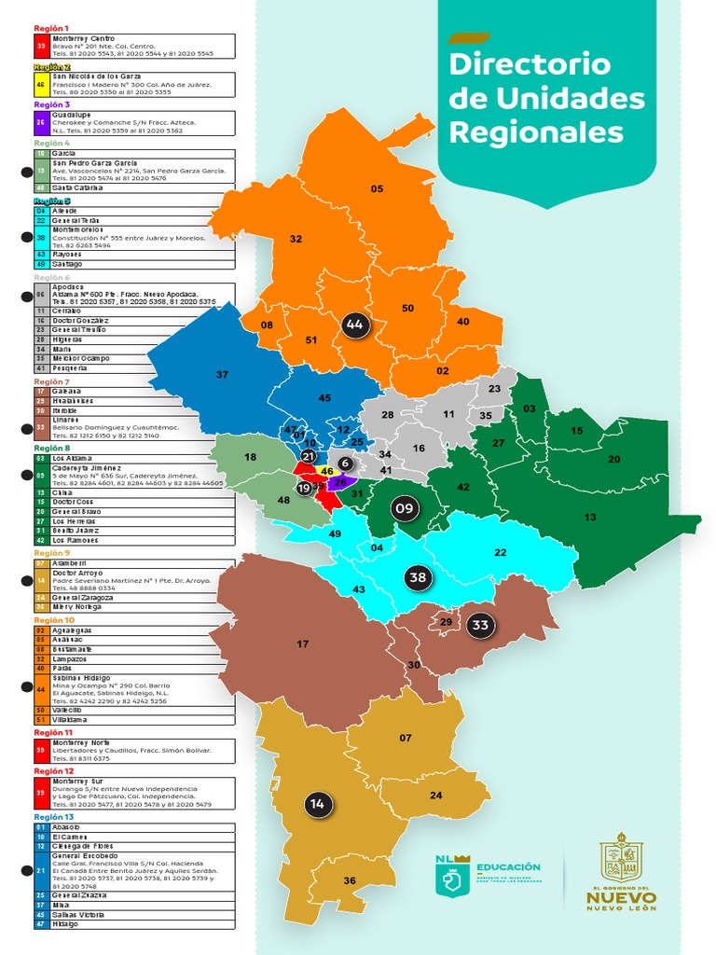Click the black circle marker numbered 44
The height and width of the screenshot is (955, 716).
click(353, 324)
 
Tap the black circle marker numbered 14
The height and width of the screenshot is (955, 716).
click(317, 804)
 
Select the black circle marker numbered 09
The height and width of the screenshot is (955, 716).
click(405, 508)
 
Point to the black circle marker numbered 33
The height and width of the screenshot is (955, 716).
click(480, 625)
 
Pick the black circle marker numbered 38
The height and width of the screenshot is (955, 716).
click(418, 578)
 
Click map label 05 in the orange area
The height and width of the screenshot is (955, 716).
click(377, 189)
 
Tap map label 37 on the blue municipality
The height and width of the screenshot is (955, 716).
click(222, 374)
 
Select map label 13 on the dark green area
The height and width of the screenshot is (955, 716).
click(589, 517)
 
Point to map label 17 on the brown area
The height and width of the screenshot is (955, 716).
click(302, 644)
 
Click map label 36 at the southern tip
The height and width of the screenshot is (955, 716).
click(350, 880)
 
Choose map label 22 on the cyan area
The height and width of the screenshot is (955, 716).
click(500, 553)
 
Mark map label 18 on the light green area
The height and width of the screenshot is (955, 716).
click(250, 457)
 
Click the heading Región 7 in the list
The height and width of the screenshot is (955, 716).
click(51, 381)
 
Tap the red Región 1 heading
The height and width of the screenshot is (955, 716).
click(51, 29)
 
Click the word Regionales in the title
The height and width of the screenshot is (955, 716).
click(535, 131)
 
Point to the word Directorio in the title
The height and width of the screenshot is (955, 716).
click(529, 64)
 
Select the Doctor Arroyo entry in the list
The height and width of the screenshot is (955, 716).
click(77, 573)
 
